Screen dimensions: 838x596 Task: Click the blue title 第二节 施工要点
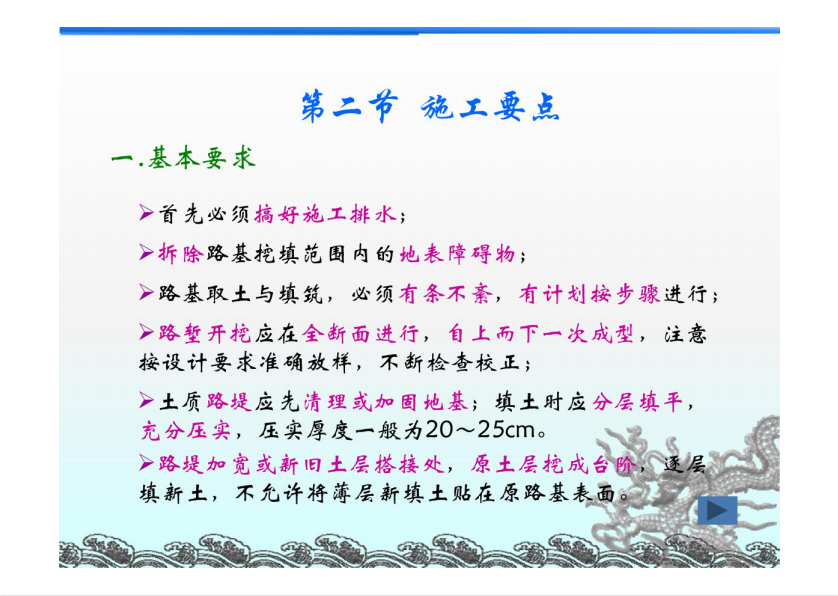pyautogui.click(x=430, y=107)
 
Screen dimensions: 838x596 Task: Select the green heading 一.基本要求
pyautogui.click(x=183, y=158)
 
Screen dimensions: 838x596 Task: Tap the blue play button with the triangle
pyautogui.click(x=717, y=510)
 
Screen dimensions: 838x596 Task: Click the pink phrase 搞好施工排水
pyautogui.click(x=325, y=214)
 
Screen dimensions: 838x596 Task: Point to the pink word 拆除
pyautogui.click(x=180, y=253)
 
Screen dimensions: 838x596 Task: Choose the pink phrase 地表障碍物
pyautogui.click(x=457, y=254)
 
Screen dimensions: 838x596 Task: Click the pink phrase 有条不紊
pyautogui.click(x=446, y=294)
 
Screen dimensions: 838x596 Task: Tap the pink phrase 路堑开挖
pyautogui.click(x=204, y=334)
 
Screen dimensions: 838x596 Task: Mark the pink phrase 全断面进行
pyautogui.click(x=361, y=334)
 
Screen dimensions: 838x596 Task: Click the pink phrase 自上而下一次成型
pyautogui.click(x=541, y=334)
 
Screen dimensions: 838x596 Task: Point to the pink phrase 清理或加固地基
pyautogui.click(x=385, y=401)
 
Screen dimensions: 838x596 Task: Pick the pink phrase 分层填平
pyautogui.click(x=638, y=401)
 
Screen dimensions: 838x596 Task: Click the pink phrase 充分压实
pyautogui.click(x=186, y=429)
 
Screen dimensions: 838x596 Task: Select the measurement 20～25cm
pyautogui.click(x=481, y=429)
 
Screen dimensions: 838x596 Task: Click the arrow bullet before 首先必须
pyautogui.click(x=146, y=213)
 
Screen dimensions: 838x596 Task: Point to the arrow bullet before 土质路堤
pyautogui.click(x=146, y=400)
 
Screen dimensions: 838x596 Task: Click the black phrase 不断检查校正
pyautogui.click(x=450, y=362)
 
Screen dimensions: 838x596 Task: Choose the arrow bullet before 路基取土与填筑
pyautogui.click(x=146, y=292)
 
